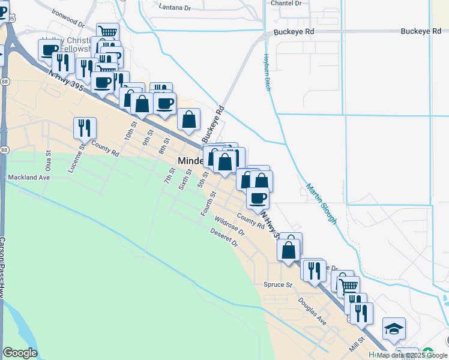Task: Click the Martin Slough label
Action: pyautogui.click(x=321, y=204)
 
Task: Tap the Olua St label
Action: pyautogui.click(x=49, y=161)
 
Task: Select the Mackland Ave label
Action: pyautogui.click(x=28, y=178)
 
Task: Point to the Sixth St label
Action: pyautogui.click(x=184, y=179)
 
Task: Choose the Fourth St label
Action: pyautogui.click(x=208, y=204)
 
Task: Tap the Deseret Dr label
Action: pyautogui.click(x=224, y=238)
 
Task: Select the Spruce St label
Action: pyautogui.click(x=277, y=284)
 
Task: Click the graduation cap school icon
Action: pyautogui.click(x=394, y=328)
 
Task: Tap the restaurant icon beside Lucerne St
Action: pyautogui.click(x=85, y=128)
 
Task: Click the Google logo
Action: pyautogui.click(x=20, y=353)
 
